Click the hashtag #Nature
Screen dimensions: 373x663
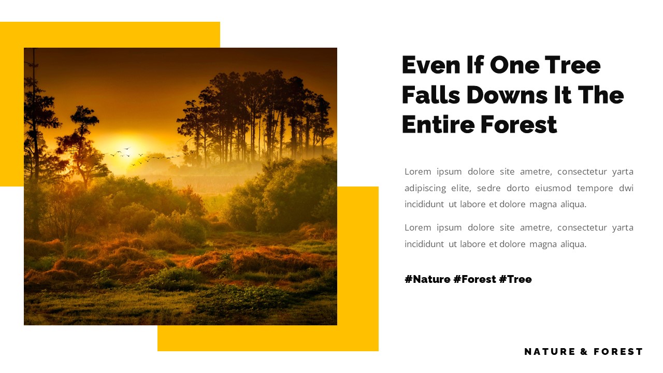click(427, 279)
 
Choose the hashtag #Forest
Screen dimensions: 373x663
click(473, 279)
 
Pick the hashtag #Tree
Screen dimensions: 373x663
click(515, 279)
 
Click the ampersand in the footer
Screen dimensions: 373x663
click(584, 352)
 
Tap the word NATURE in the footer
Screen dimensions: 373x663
click(550, 352)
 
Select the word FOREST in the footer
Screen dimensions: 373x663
click(618, 352)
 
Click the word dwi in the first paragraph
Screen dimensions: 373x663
click(626, 188)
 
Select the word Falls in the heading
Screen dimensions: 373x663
click(431, 95)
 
